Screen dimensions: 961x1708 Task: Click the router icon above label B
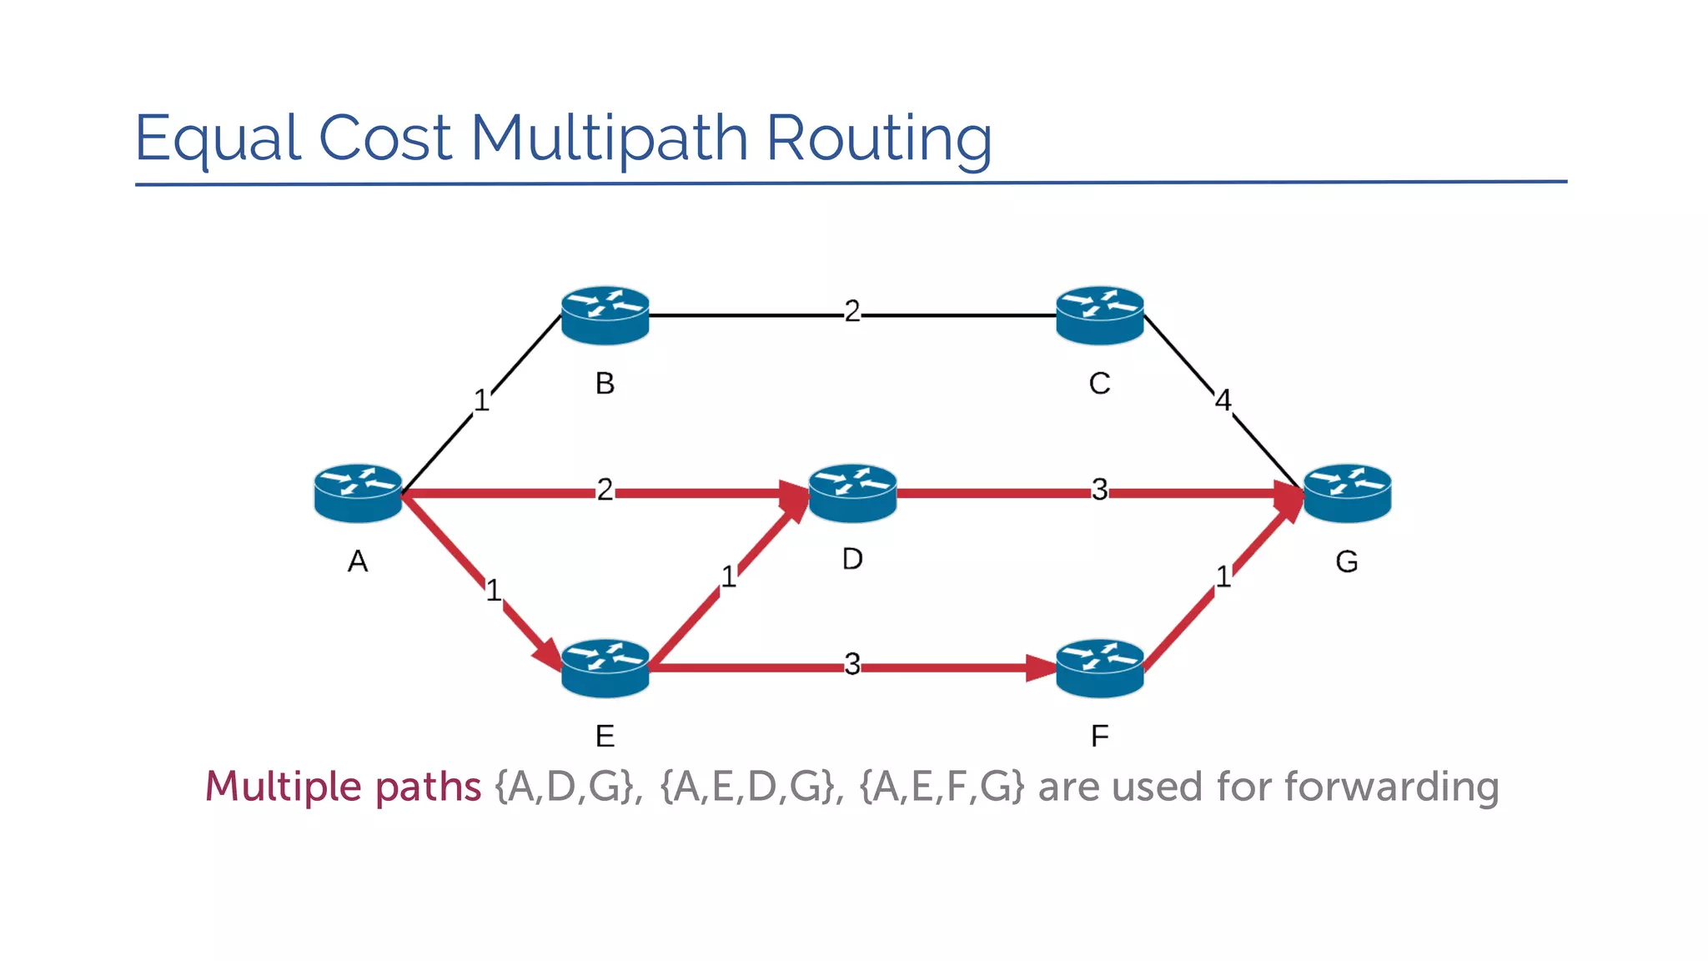pyautogui.click(x=605, y=315)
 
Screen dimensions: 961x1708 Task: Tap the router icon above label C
pyautogui.click(x=1099, y=315)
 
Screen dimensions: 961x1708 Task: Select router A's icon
pyautogui.click(x=358, y=493)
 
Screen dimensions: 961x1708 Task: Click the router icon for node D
pyautogui.click(x=852, y=493)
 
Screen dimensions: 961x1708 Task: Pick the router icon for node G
pyautogui.click(x=1347, y=493)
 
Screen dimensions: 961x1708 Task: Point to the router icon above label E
pyautogui.click(x=605, y=668)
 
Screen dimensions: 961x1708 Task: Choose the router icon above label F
pyautogui.click(x=1099, y=668)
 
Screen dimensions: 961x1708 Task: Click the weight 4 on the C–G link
pyautogui.click(x=1223, y=400)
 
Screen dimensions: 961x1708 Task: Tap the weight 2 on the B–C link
pyautogui.click(x=851, y=311)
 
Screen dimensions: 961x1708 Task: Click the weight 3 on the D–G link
pyautogui.click(x=1099, y=490)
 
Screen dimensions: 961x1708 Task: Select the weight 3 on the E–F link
pyautogui.click(x=851, y=665)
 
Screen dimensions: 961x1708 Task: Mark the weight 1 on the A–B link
pyautogui.click(x=481, y=400)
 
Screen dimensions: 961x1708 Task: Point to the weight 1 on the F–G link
pyautogui.click(x=1223, y=576)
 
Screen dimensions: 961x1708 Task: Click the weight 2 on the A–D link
pyautogui.click(x=605, y=490)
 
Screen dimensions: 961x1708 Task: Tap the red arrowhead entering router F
pyautogui.click(x=1041, y=668)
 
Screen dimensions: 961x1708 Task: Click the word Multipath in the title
pyautogui.click(x=609, y=138)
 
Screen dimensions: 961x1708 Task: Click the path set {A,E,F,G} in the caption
pyautogui.click(x=941, y=787)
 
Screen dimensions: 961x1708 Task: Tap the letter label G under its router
pyautogui.click(x=1346, y=561)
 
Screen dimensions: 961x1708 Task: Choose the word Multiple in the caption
pyautogui.click(x=284, y=787)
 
